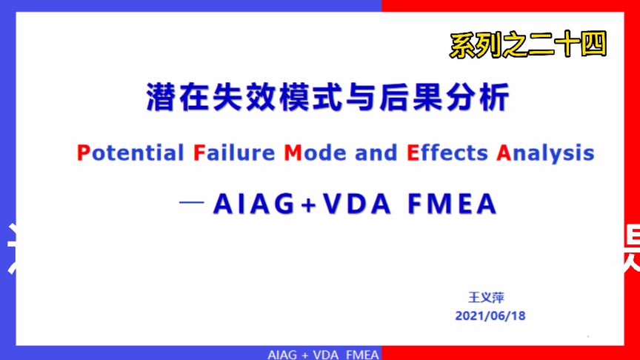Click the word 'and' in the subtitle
[x=376, y=153]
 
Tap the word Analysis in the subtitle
[x=545, y=153]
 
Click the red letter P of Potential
[x=82, y=153]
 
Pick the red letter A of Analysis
[x=504, y=153]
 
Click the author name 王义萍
[x=487, y=298]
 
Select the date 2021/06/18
[x=490, y=316]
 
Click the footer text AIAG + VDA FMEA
[x=323, y=354]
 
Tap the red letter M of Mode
[x=293, y=153]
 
